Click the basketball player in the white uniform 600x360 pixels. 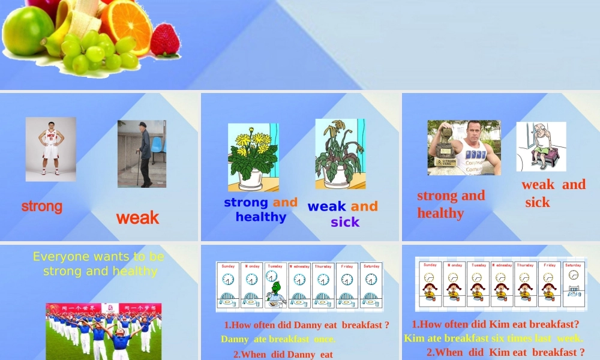point(51,149)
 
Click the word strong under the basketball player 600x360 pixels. point(42,206)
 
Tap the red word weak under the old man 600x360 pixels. point(138,218)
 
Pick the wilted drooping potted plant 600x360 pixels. point(340,154)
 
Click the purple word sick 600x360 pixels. point(345,222)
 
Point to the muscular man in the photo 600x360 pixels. point(464,148)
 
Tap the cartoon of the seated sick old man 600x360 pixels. point(542,146)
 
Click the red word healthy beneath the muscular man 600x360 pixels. point(441,213)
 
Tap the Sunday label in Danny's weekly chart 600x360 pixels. point(228,266)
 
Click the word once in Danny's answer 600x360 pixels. point(324,339)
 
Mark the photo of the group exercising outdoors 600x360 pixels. point(103,331)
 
